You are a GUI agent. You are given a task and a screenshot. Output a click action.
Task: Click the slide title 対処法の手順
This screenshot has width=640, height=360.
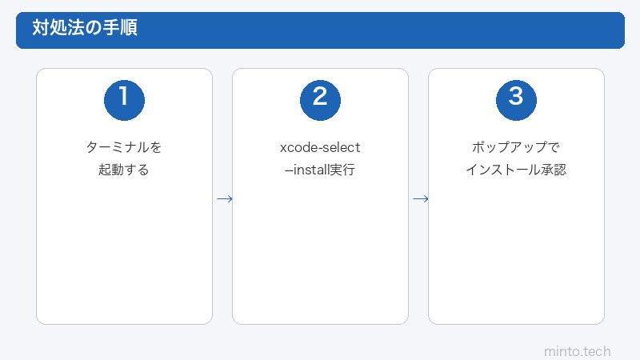84,29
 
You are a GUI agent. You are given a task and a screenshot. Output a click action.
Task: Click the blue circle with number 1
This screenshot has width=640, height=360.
124,98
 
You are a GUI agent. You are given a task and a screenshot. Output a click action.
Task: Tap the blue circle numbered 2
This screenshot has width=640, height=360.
320,98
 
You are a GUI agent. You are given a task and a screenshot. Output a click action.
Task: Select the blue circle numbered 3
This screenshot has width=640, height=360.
516,98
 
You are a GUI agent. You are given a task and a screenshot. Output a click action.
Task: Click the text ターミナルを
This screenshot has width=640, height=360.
124,148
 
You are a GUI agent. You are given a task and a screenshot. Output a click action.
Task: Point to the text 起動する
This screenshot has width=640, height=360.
124,170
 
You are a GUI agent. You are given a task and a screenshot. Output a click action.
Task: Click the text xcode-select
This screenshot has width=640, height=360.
320,148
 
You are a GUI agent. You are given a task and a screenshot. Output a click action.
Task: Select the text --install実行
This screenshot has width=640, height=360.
320,170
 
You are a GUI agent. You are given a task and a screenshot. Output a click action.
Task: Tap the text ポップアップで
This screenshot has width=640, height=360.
516,148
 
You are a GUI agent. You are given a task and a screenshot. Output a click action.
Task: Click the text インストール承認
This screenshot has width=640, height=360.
516,170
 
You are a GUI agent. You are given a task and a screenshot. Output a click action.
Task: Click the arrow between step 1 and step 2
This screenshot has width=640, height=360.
224,198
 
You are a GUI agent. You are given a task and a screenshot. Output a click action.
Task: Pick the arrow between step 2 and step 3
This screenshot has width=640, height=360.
420,198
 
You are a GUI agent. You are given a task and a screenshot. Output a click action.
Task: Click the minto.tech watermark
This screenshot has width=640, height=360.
577,350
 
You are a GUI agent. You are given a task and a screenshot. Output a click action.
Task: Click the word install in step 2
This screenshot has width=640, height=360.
312,170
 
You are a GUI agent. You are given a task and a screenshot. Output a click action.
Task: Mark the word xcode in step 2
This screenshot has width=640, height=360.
297,148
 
